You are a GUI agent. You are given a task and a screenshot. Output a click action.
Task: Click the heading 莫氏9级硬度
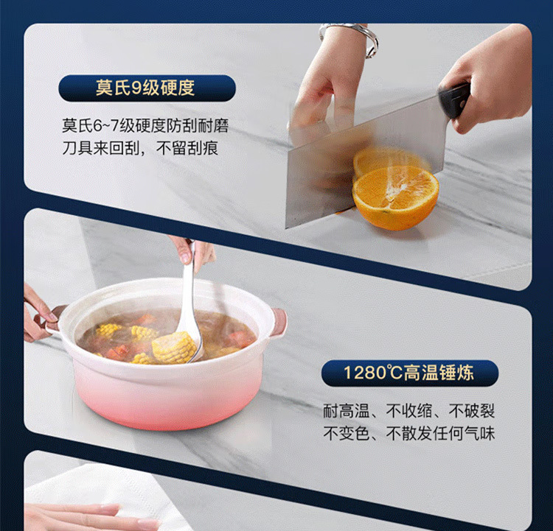click(145, 88)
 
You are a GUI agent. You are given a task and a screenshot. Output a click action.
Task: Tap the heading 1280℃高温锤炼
click(409, 373)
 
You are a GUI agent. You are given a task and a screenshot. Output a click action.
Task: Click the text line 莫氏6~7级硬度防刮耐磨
click(145, 126)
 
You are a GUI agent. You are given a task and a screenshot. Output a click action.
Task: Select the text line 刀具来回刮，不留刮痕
click(140, 148)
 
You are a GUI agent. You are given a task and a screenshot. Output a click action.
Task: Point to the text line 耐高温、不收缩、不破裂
click(409, 411)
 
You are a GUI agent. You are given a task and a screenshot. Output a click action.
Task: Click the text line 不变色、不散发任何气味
click(409, 433)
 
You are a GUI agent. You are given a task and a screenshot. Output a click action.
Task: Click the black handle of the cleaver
click(454, 100)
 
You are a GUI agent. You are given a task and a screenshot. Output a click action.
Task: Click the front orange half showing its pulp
click(395, 197)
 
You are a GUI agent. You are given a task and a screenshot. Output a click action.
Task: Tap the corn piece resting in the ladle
click(174, 348)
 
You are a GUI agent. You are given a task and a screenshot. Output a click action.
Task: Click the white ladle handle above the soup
click(189, 282)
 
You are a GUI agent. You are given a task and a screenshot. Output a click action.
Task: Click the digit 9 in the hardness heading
click(136, 88)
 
